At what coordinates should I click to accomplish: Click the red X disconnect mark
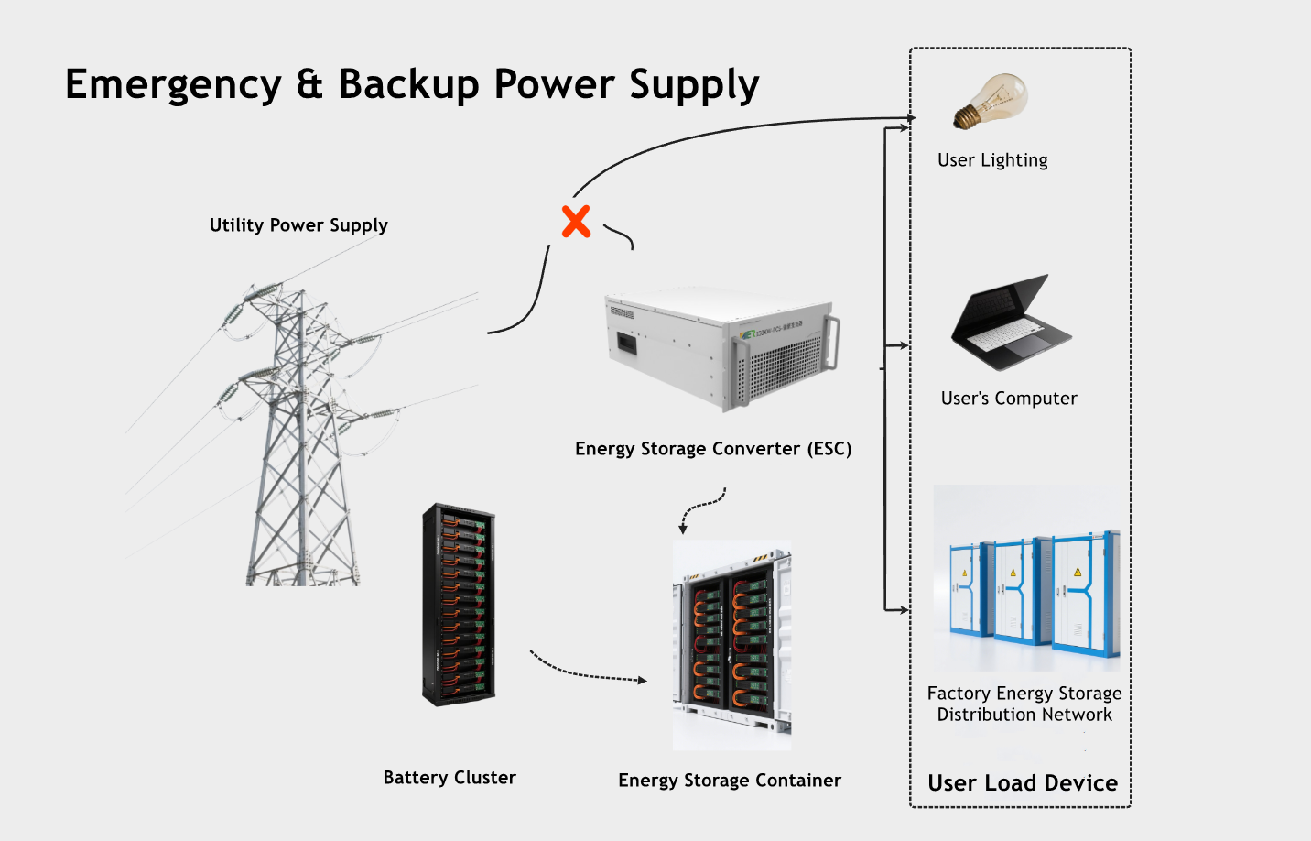(576, 222)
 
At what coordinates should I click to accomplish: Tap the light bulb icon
(991, 102)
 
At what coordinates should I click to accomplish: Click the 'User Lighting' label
(992, 160)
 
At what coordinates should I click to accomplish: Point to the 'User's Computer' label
(1009, 399)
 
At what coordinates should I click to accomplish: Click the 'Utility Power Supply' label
(298, 225)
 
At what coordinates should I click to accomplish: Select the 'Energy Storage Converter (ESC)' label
(713, 449)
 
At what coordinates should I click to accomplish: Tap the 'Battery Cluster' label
(450, 778)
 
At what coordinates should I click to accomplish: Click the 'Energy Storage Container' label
(730, 781)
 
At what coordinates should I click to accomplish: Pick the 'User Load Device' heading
(1023, 783)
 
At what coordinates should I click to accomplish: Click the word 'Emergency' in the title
(173, 84)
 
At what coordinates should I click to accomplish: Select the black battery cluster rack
(459, 605)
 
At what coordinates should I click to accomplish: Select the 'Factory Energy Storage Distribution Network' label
(1024, 704)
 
